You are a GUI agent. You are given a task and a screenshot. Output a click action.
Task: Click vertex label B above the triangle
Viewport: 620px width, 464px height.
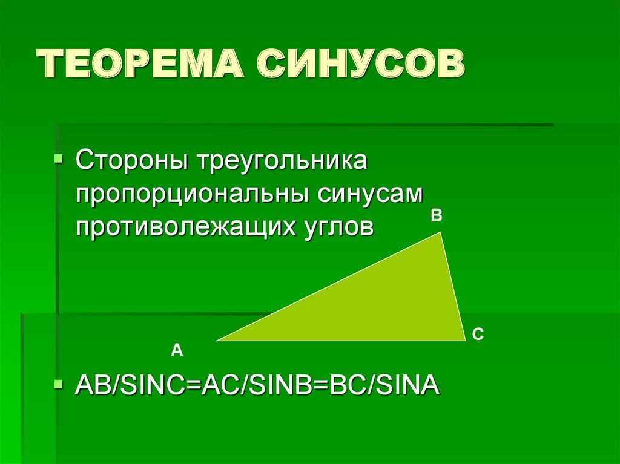[x=436, y=215]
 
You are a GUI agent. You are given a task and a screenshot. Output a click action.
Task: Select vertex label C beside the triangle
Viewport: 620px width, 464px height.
[x=478, y=333]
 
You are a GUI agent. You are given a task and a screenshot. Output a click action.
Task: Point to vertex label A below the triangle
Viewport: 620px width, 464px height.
[x=176, y=350]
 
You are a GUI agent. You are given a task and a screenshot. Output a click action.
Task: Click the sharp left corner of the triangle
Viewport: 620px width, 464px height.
[x=218, y=340]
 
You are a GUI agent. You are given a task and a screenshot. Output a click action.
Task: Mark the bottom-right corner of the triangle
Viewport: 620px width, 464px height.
[x=463, y=339]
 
